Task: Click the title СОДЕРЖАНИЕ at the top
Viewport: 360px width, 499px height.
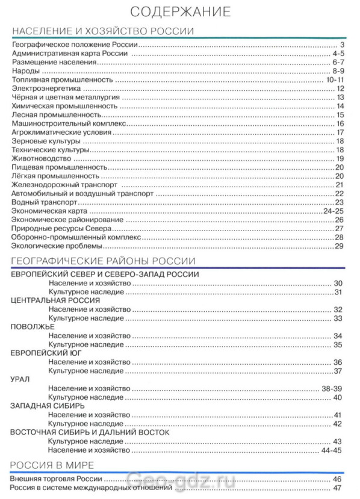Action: (x=180, y=11)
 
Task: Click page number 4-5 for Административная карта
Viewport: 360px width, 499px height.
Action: (x=337, y=54)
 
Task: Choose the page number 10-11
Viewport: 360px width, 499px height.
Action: (x=334, y=79)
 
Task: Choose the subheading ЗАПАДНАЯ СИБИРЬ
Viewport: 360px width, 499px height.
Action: (x=48, y=406)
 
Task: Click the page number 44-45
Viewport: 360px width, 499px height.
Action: (x=332, y=450)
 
